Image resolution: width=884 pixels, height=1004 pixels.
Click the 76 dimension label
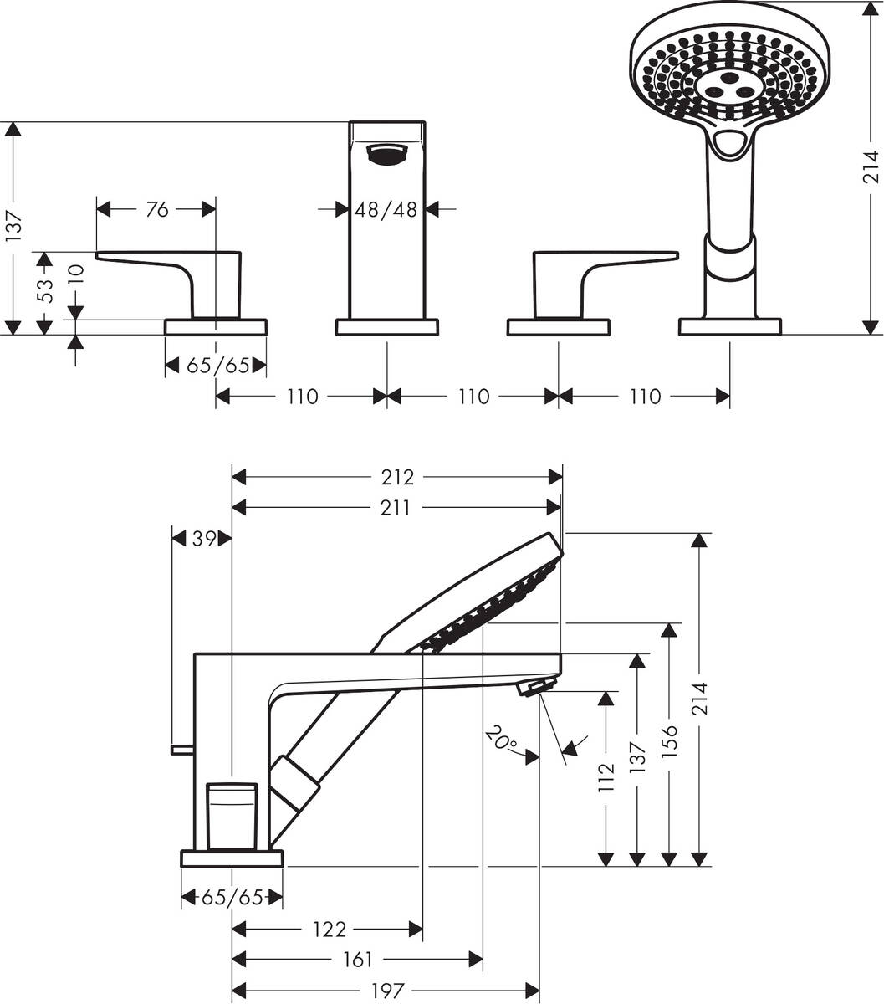(x=157, y=210)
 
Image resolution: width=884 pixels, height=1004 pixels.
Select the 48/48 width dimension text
(x=386, y=210)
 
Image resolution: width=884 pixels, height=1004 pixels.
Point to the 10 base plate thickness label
(x=75, y=275)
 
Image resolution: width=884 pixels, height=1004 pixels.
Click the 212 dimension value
(x=397, y=477)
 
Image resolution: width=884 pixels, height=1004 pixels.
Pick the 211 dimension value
(x=396, y=508)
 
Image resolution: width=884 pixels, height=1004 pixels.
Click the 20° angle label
(x=500, y=740)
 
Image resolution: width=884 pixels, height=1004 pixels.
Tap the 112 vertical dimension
(x=606, y=777)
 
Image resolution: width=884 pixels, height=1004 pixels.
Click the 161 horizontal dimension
(x=357, y=959)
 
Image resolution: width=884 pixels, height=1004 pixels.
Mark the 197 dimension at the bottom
(x=386, y=991)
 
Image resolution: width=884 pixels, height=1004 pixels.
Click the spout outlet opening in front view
(x=386, y=153)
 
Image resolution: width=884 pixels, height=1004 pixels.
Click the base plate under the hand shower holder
(x=729, y=326)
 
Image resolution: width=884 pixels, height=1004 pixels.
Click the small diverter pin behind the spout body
(x=181, y=749)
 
